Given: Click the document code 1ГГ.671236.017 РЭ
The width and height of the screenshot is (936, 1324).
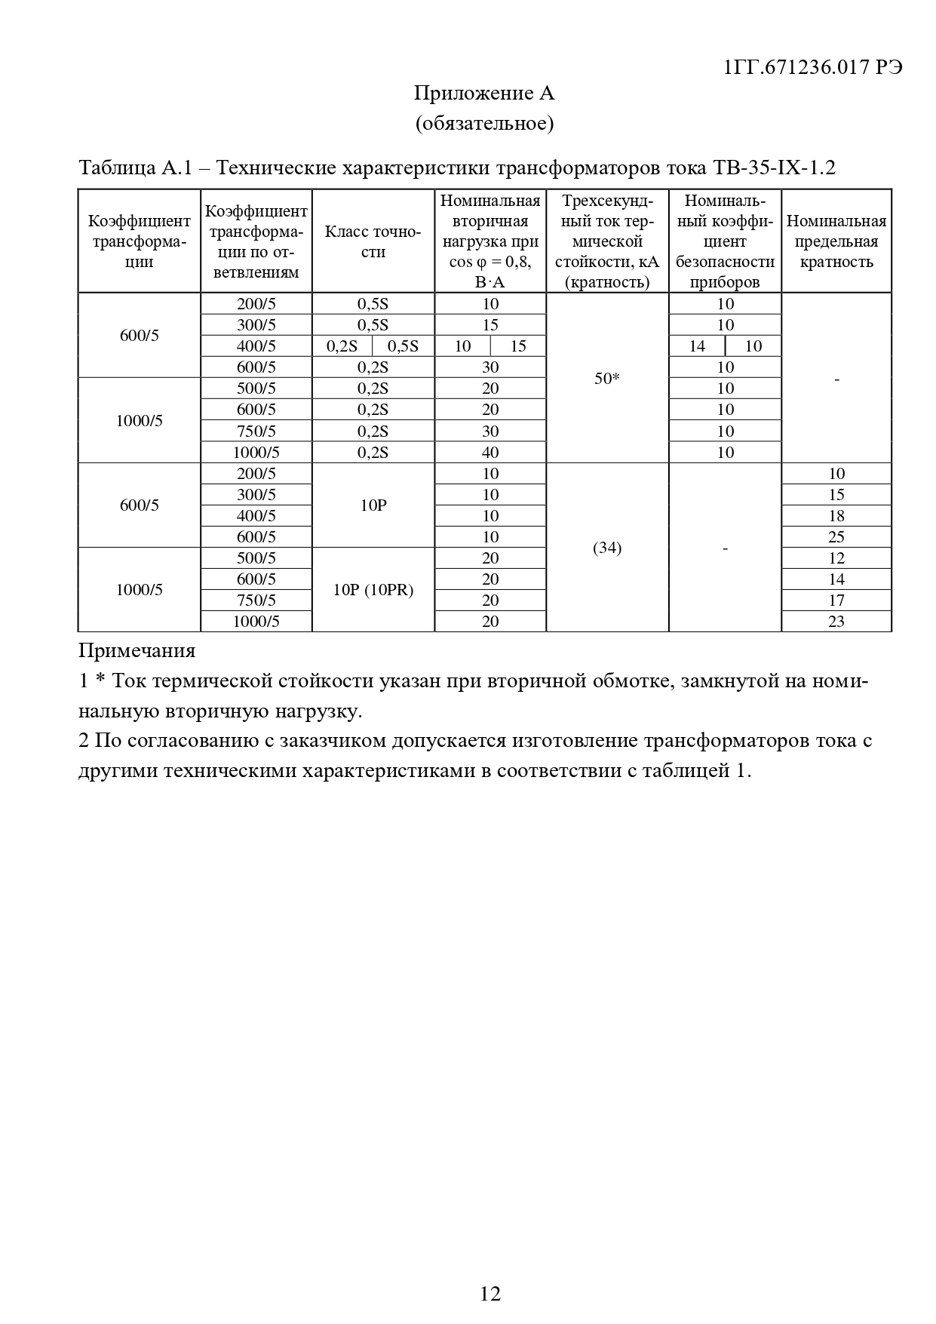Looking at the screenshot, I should [812, 67].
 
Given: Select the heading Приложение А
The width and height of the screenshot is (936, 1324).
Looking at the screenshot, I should [484, 94].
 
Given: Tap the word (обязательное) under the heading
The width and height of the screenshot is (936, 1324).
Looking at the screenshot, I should [484, 123].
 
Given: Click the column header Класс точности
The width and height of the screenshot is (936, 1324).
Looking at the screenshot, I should [373, 241].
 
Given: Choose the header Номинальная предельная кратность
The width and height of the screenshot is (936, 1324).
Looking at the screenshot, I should [836, 241].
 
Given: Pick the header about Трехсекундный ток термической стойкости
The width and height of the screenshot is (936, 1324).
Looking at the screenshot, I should [606, 241].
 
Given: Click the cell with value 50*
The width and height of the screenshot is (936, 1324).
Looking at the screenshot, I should [606, 379].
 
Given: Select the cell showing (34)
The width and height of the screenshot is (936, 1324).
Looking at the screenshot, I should [606, 548].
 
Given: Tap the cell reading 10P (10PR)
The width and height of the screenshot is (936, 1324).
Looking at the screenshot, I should [373, 590].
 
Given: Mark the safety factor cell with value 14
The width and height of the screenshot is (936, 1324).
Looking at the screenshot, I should [697, 346].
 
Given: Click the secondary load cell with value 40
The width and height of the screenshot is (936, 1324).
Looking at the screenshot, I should [490, 453].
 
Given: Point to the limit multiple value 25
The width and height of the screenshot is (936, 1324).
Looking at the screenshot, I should [836, 537].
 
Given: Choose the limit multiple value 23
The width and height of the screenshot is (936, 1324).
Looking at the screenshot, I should [836, 622].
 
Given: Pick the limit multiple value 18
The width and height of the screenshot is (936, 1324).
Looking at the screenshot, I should [836, 516].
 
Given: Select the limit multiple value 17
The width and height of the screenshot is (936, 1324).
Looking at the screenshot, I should [836, 601].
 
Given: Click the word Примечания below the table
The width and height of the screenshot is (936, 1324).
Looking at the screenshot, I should [137, 650].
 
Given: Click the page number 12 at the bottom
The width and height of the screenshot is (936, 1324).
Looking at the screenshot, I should [489, 1294].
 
